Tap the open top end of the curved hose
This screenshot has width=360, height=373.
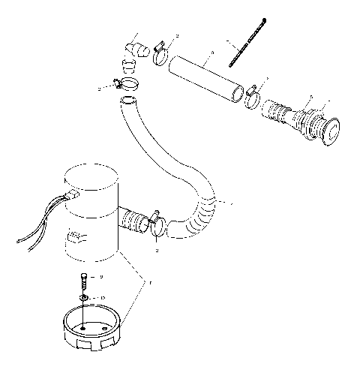pos(130,100)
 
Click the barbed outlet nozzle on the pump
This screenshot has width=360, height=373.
pos(134,221)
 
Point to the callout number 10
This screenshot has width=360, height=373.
pos(103,299)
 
